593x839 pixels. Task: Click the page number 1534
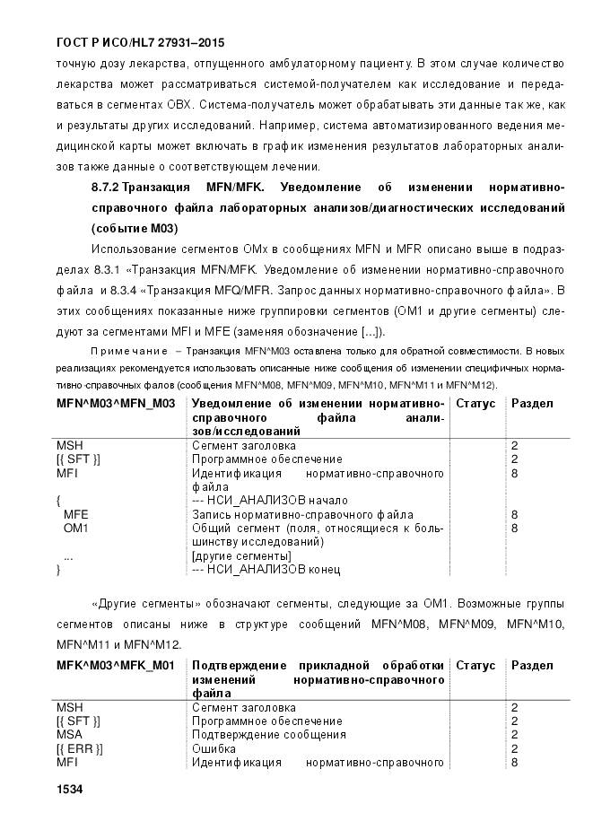click(x=69, y=790)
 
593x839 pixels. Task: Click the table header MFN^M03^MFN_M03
click(x=116, y=404)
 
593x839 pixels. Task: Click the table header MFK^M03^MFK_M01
click(x=116, y=666)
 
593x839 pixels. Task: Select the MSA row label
click(x=69, y=735)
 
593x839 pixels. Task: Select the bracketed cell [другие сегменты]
click(x=241, y=556)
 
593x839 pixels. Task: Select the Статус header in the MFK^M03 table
click(x=475, y=666)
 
